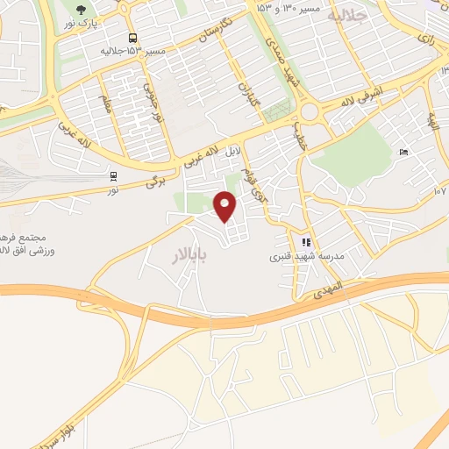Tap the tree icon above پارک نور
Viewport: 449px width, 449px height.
pyautogui.click(x=82, y=11)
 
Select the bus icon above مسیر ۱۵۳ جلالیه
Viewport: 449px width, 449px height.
pyautogui.click(x=132, y=38)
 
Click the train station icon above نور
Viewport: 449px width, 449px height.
pyautogui.click(x=112, y=174)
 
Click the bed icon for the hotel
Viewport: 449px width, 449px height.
pyautogui.click(x=403, y=153)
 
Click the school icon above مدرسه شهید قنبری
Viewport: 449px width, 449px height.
pyautogui.click(x=306, y=242)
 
